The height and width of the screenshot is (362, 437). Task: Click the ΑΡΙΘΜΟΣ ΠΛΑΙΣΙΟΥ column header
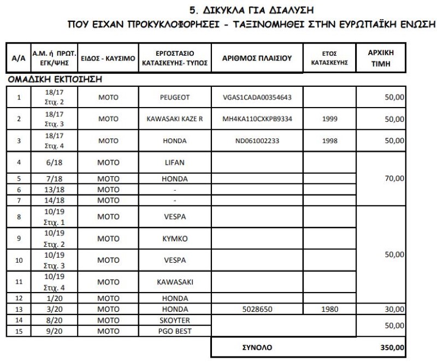(x=257, y=58)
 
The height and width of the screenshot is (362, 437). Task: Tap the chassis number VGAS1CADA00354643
(x=257, y=98)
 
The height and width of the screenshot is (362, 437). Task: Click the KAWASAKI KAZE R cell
(x=175, y=119)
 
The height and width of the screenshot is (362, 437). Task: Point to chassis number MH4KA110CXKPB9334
(x=257, y=119)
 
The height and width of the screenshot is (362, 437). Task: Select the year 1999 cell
(x=330, y=119)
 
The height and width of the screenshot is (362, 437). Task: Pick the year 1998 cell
(x=330, y=141)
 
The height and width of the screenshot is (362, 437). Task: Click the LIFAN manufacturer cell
(x=175, y=163)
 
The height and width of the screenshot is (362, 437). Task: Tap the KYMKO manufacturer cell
(x=175, y=239)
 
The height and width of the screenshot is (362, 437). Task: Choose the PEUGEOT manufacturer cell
(x=175, y=98)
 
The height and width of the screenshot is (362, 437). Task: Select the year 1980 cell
(x=330, y=309)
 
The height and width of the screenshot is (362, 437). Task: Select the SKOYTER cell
(x=175, y=320)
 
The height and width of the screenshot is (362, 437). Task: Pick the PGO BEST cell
(x=175, y=331)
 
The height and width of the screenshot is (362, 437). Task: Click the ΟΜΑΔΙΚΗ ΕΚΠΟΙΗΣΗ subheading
(x=55, y=80)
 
